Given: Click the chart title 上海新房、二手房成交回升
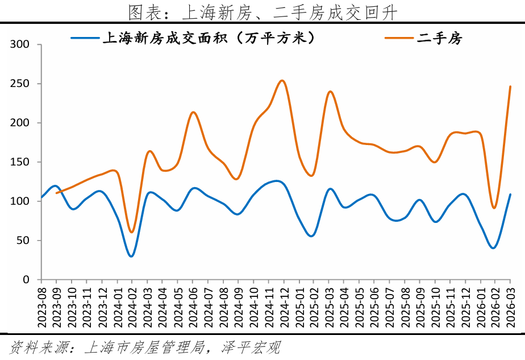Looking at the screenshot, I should coord(262,11).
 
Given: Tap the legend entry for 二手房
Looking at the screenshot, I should coord(440,38).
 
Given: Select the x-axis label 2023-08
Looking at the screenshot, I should coord(41,305).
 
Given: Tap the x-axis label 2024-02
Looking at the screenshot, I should coord(132,305).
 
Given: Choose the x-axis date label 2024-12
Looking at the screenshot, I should coord(283,305).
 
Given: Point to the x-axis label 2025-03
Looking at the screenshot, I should coord(328,305).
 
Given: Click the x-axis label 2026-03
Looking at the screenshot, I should coord(510,305).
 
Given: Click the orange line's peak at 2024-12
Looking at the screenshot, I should coord(282,80).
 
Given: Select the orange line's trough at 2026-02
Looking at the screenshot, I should coord(494,208).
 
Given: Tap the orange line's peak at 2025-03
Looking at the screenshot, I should coord(330,91).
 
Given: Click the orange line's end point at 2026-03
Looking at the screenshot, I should coord(510,86).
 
